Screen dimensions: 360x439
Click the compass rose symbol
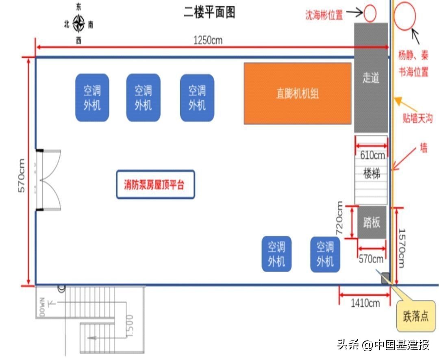pyautogui.click(x=78, y=23)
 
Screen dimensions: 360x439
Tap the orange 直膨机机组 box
pyautogui.click(x=298, y=93)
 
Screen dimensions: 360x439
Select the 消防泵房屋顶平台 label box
pyautogui.click(x=155, y=184)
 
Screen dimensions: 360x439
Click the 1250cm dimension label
pyautogui.click(x=208, y=40)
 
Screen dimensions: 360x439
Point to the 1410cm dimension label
pyautogui.click(x=365, y=303)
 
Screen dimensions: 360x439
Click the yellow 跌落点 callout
pyautogui.click(x=415, y=316)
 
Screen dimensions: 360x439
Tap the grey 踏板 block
pyautogui.click(x=372, y=222)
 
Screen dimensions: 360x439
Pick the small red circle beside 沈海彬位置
pyautogui.click(x=370, y=13)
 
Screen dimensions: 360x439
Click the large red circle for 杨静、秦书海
pyautogui.click(x=405, y=16)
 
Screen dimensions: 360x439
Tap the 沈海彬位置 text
pyautogui.click(x=324, y=15)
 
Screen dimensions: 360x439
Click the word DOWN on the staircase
pyautogui.click(x=42, y=307)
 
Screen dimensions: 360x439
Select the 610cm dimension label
pyautogui.click(x=372, y=155)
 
